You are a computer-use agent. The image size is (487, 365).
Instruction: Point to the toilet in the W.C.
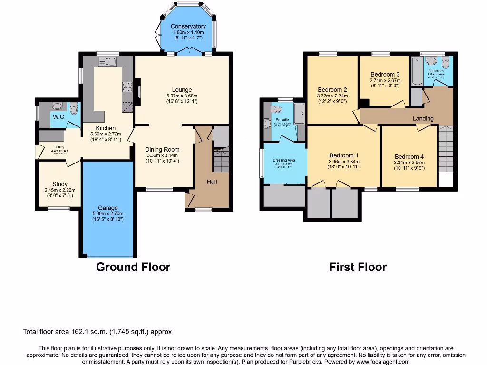[x=73, y=109]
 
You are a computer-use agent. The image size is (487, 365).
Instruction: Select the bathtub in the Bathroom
[x=417, y=71]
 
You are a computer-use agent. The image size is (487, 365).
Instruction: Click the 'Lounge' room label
[x=182, y=90]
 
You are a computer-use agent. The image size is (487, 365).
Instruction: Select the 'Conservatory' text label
[x=188, y=27]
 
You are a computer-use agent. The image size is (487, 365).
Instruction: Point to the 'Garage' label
[x=108, y=208]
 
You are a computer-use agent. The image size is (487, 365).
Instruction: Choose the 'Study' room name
[x=60, y=184]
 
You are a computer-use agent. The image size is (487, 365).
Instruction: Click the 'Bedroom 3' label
[x=385, y=74]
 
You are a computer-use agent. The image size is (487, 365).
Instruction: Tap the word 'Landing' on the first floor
[x=423, y=118]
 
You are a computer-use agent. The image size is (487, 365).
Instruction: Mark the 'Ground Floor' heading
[x=133, y=267]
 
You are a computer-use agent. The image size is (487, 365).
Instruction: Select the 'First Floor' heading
[x=358, y=267]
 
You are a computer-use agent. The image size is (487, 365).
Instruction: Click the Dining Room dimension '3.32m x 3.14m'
[x=162, y=155]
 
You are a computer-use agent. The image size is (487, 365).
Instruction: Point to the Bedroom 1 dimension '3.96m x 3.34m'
[x=343, y=161]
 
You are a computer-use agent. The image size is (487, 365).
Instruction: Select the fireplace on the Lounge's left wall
[x=137, y=91]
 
